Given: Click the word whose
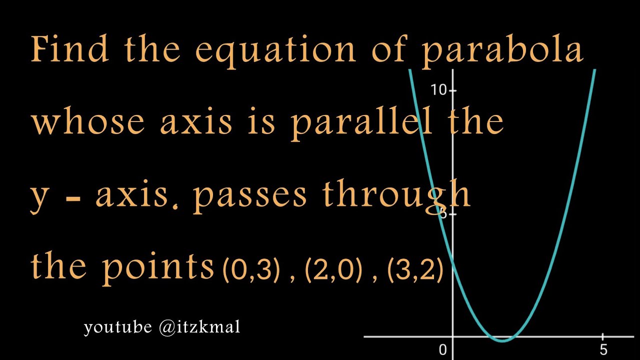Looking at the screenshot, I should (x=88, y=122).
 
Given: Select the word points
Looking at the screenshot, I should (x=158, y=267).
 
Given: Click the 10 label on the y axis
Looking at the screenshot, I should (x=438, y=90).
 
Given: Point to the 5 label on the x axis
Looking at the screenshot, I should (x=603, y=349).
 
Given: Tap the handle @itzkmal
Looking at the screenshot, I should (x=199, y=327).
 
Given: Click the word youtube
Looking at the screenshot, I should (x=118, y=327).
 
